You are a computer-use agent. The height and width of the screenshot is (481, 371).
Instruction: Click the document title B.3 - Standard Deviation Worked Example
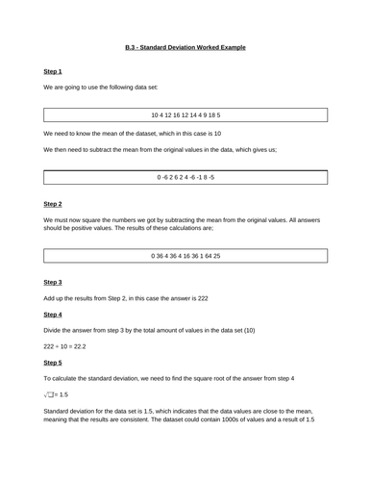pos(185,46)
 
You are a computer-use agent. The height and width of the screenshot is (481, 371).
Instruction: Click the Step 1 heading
pos(53,71)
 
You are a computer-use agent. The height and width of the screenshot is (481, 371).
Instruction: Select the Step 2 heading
pos(53,204)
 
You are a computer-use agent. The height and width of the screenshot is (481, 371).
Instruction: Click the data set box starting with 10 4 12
pos(185,114)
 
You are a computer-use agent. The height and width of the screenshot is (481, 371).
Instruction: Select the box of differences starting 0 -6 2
pos(185,178)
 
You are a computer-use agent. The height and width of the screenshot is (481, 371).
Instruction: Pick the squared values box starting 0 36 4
pos(185,256)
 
